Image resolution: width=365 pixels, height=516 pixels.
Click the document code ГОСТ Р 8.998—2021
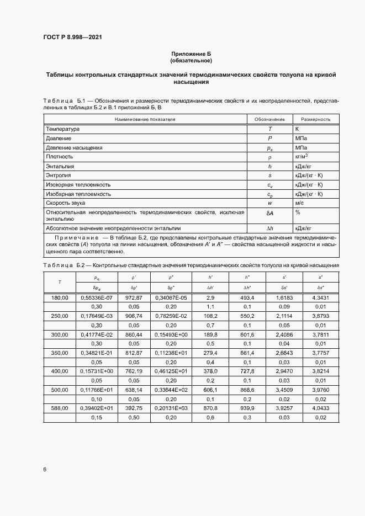click(x=72, y=37)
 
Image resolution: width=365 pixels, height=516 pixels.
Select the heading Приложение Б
click(x=191, y=54)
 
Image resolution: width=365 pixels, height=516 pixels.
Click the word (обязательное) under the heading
click(x=191, y=60)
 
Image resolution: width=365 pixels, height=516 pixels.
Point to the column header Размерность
click(x=315, y=119)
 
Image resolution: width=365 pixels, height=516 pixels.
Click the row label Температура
click(x=63, y=129)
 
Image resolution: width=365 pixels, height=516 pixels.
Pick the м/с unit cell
click(x=300, y=204)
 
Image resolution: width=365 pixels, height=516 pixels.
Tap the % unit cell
click(x=298, y=212)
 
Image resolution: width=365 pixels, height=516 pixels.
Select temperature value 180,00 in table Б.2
click(x=60, y=297)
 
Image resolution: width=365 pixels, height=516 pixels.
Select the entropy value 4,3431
click(x=321, y=297)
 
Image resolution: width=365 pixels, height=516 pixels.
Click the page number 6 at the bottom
click(x=45, y=469)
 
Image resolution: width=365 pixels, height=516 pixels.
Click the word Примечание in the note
click(x=75, y=236)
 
